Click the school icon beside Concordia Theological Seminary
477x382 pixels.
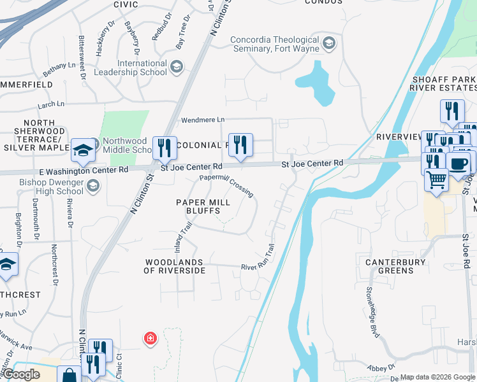pos(329,43)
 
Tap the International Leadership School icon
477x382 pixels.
pos(177,67)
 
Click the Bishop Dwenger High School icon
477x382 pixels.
pos(93,186)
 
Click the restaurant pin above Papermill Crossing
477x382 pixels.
pos(240,145)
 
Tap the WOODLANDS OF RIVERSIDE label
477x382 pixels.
pos(175,266)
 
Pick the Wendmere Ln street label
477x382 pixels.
pos(203,120)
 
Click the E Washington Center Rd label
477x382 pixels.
pos(84,170)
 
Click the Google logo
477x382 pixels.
pos(21,374)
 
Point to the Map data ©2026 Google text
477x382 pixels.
pos(437,377)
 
